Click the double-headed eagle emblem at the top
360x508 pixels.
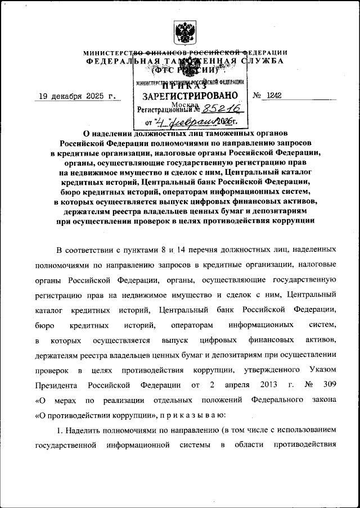(184, 32)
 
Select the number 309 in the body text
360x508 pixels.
(329, 385)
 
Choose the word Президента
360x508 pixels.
(54, 385)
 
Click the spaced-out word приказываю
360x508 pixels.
(198, 415)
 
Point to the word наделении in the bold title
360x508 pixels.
(119, 133)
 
